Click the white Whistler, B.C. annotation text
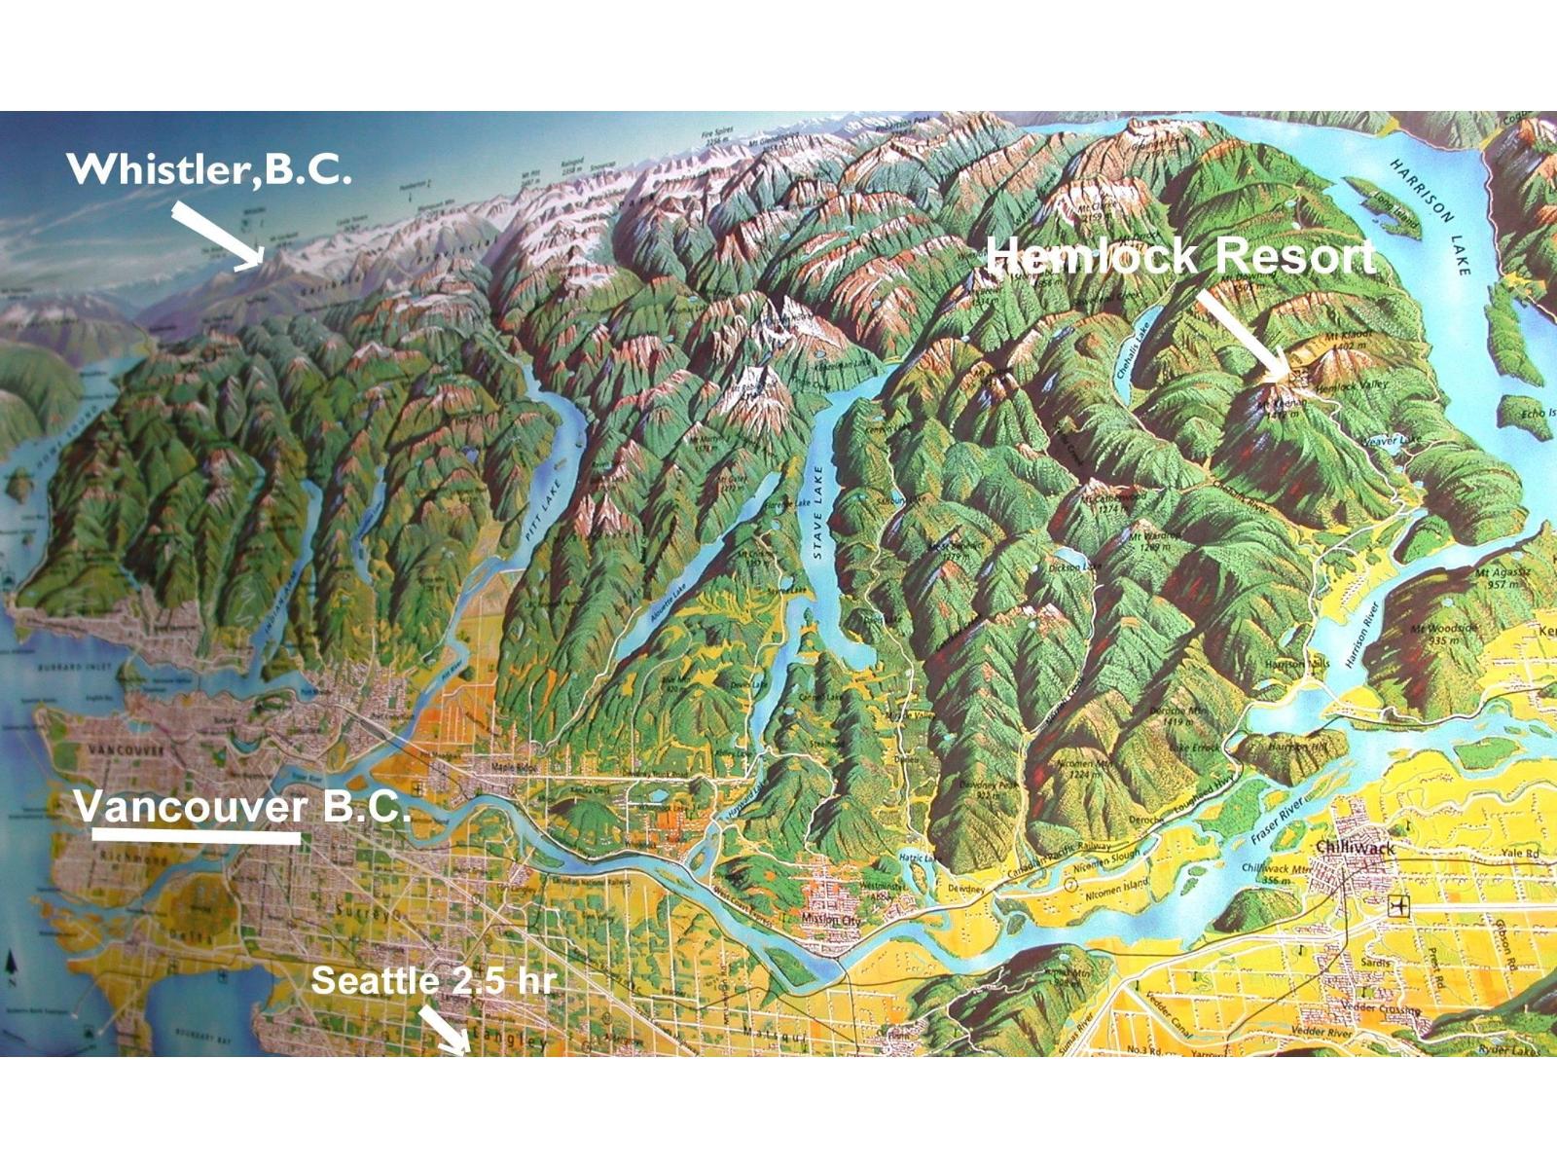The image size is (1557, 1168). (208, 169)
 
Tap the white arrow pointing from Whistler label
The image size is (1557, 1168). (218, 235)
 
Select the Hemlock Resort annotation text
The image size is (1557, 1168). (1179, 256)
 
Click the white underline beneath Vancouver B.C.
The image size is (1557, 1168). (197, 835)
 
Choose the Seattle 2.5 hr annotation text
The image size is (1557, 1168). (433, 980)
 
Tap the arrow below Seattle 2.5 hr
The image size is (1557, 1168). (444, 1030)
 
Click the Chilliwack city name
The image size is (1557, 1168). (1356, 849)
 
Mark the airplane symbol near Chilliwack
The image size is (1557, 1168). (1399, 905)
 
